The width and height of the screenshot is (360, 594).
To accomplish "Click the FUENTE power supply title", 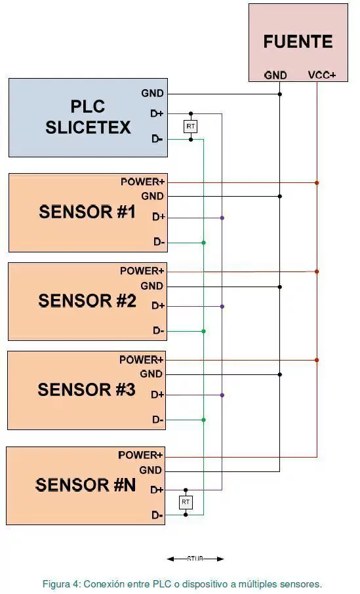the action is (298, 41).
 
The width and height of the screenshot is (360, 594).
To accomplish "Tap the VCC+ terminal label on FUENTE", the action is (322, 75).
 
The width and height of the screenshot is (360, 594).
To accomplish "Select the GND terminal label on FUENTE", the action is (275, 75).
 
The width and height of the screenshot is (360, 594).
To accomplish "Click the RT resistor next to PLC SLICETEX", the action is (191, 126).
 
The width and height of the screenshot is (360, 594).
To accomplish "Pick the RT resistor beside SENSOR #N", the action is (186, 502).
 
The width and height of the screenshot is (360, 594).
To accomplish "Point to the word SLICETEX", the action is (88, 127).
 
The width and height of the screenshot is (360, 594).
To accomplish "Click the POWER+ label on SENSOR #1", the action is (142, 182).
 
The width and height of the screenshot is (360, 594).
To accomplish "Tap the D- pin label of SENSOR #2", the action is (159, 330).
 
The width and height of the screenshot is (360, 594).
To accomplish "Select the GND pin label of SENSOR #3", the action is (151, 374).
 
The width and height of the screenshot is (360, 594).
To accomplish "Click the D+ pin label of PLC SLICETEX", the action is (157, 113).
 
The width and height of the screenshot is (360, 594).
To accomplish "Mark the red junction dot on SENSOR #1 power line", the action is (317, 183).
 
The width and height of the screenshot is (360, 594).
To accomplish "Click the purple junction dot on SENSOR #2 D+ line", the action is (222, 306).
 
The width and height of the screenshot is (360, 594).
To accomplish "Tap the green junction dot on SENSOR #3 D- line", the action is (203, 420).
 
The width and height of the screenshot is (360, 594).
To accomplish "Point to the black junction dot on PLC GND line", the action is (279, 94).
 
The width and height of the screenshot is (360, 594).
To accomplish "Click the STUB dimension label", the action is (195, 559).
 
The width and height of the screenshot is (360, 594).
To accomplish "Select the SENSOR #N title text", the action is (85, 485).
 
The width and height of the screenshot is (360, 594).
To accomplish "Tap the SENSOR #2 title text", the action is (87, 300).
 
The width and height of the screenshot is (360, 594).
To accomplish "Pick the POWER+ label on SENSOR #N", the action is (140, 455).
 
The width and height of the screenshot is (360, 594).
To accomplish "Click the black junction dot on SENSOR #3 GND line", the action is (279, 374).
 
